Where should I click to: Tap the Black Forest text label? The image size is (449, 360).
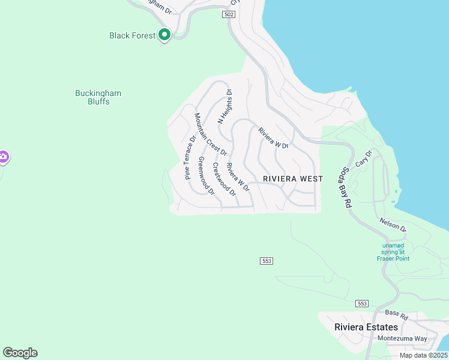[132, 35]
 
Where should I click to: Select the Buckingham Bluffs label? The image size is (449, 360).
[98, 97]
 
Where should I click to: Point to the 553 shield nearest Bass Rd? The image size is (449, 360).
[361, 303]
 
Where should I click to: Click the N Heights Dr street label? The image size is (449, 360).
[224, 106]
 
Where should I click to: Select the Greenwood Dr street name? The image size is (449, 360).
[206, 176]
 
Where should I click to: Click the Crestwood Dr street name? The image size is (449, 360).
[224, 178]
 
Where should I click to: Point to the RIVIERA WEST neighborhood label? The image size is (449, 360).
[293, 179]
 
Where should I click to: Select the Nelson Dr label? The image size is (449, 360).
[393, 225]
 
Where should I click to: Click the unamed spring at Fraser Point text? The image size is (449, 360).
[393, 252]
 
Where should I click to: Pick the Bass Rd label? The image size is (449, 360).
[397, 314]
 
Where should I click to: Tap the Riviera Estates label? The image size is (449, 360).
[366, 327]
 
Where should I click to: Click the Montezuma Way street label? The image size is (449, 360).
[402, 338]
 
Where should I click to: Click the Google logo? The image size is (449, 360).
[20, 353]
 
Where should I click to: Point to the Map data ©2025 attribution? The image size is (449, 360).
[423, 355]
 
